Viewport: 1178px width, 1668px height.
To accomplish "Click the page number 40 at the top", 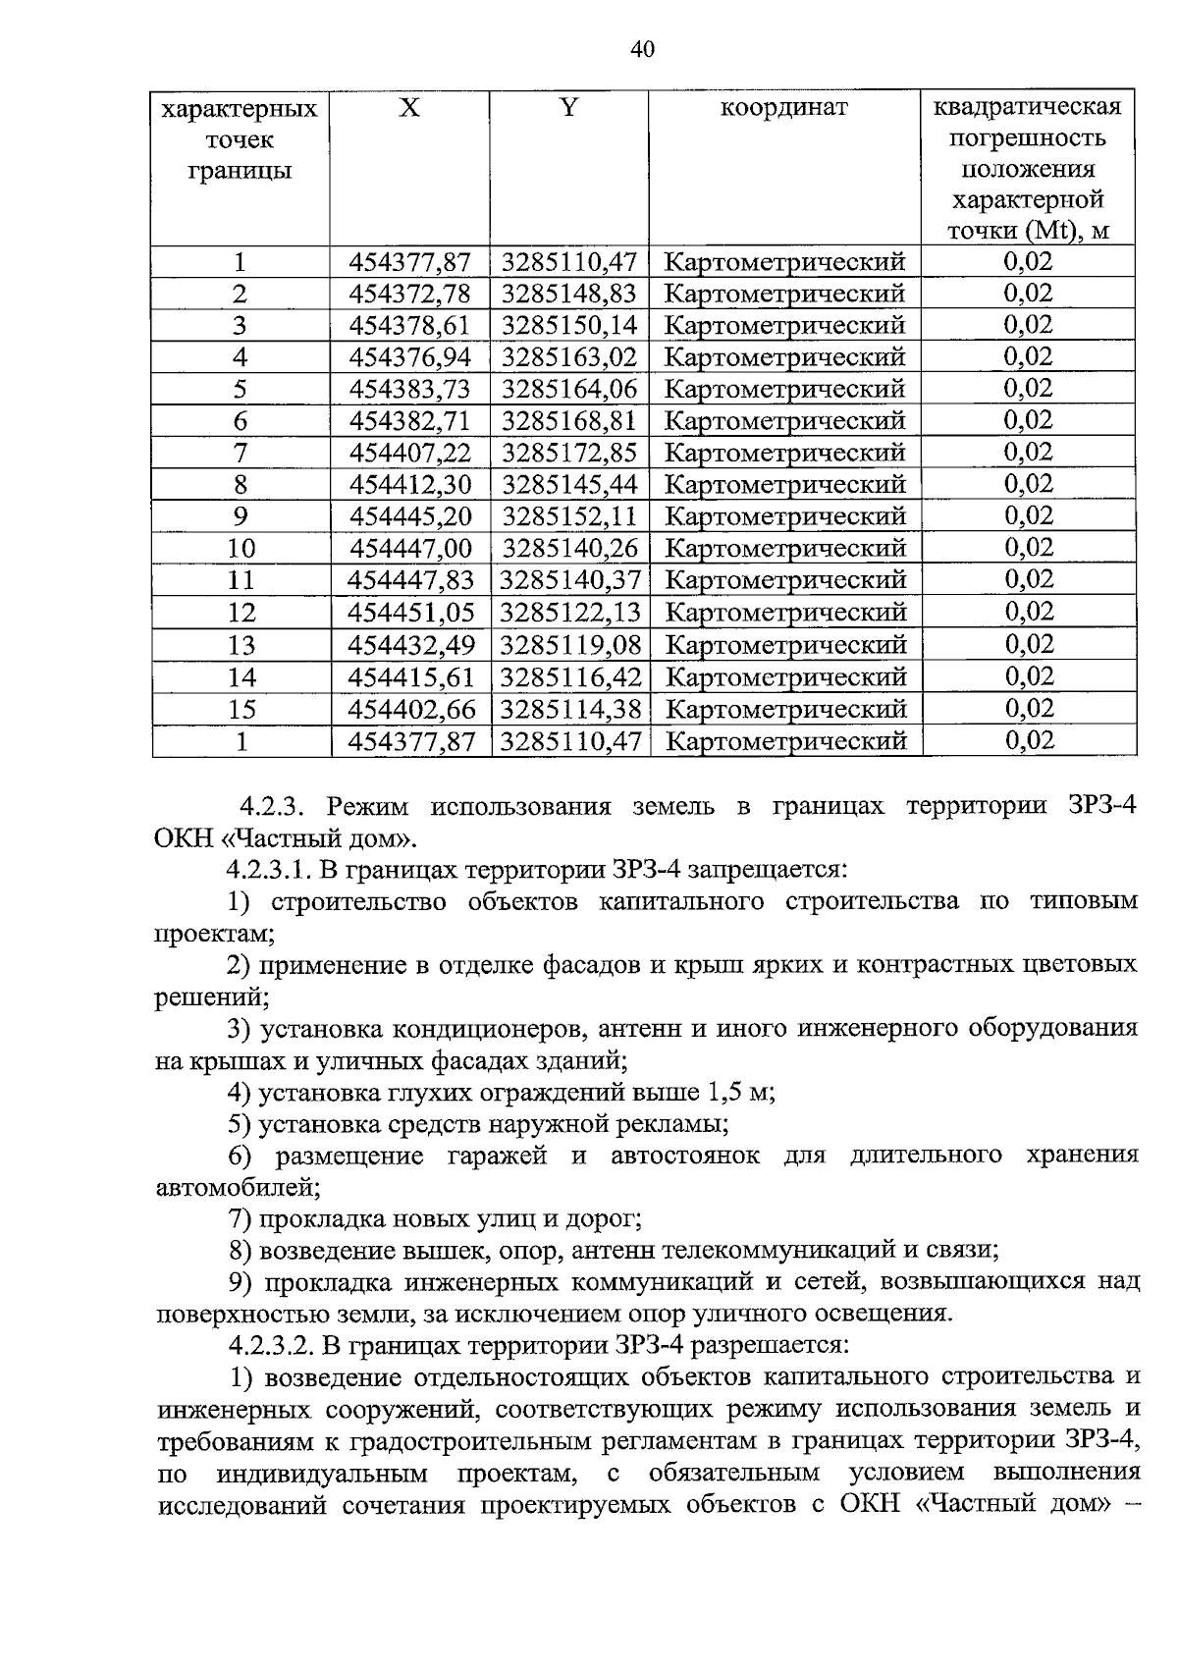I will coord(642,50).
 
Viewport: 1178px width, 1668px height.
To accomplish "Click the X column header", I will coord(409,108).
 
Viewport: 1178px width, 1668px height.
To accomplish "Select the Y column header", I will coord(568,108).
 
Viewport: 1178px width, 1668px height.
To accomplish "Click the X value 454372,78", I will coord(410,294).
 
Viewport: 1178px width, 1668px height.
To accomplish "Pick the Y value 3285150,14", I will coord(569,325).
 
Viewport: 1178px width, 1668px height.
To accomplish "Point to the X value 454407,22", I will coord(410,453).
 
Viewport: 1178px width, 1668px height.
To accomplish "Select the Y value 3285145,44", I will coord(569,484).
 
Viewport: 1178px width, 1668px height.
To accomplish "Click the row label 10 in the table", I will coord(241,549).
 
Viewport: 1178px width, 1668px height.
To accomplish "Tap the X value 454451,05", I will coord(410,612).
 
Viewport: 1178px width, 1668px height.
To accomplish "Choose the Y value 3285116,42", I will coord(569,676).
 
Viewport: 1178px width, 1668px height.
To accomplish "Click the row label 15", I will coord(241,709).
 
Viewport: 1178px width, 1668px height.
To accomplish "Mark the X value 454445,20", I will coord(410,516).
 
